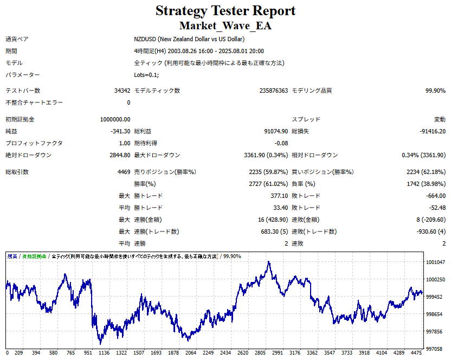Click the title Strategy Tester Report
click(x=225, y=11)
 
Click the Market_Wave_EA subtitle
click(x=225, y=25)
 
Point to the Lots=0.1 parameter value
click(x=146, y=75)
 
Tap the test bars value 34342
click(x=123, y=91)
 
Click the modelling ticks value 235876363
click(x=274, y=91)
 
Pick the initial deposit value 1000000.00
click(x=115, y=119)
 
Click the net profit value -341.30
click(x=120, y=131)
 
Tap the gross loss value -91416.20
click(x=433, y=131)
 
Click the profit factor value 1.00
click(x=125, y=143)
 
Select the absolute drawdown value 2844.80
click(x=120, y=155)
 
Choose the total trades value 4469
click(x=124, y=172)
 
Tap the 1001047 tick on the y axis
click(x=435, y=262)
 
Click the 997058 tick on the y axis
click(x=435, y=349)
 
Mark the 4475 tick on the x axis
click(x=416, y=353)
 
